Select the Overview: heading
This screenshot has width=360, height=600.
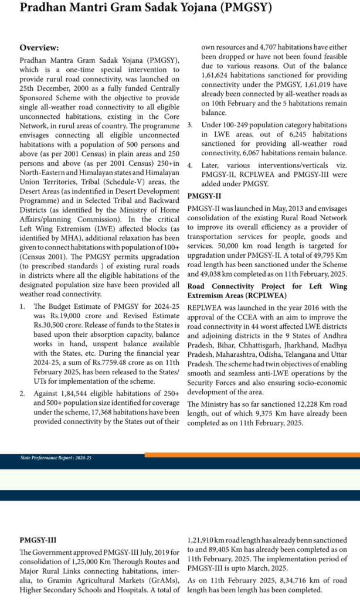coord(39,47)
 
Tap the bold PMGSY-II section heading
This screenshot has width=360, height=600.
coord(204,196)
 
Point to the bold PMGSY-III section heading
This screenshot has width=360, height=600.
coord(39,540)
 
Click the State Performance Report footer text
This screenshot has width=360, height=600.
coord(56,457)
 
